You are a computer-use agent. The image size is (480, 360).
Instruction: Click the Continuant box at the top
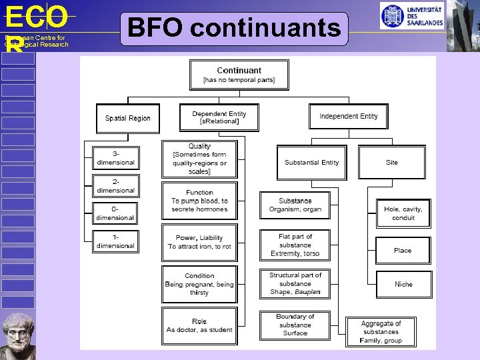239,75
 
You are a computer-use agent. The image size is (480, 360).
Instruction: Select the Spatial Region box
128,118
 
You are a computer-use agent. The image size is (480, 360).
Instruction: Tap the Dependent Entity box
219,117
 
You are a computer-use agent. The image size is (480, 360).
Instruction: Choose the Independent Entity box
348,117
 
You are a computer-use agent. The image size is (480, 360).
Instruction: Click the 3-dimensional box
115,158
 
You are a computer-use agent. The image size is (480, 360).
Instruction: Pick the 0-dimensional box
115,213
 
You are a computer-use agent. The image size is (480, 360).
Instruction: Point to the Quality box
199,159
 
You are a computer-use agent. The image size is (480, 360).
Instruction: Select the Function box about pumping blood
199,201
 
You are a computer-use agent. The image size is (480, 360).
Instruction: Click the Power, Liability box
199,242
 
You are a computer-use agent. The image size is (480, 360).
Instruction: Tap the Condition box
199,283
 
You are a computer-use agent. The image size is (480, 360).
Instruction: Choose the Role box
199,325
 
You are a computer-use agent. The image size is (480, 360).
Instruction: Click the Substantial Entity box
311,163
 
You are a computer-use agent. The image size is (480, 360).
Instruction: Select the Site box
391,163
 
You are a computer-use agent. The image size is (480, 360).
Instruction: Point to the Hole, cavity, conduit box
403,213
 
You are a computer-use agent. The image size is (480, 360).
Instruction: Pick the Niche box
403,284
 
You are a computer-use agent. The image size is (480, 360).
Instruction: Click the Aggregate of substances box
381,331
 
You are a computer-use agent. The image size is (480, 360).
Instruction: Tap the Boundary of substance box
295,325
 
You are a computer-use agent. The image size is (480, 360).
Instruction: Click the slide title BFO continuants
234,29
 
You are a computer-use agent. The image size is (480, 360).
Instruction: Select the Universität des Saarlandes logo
412,15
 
